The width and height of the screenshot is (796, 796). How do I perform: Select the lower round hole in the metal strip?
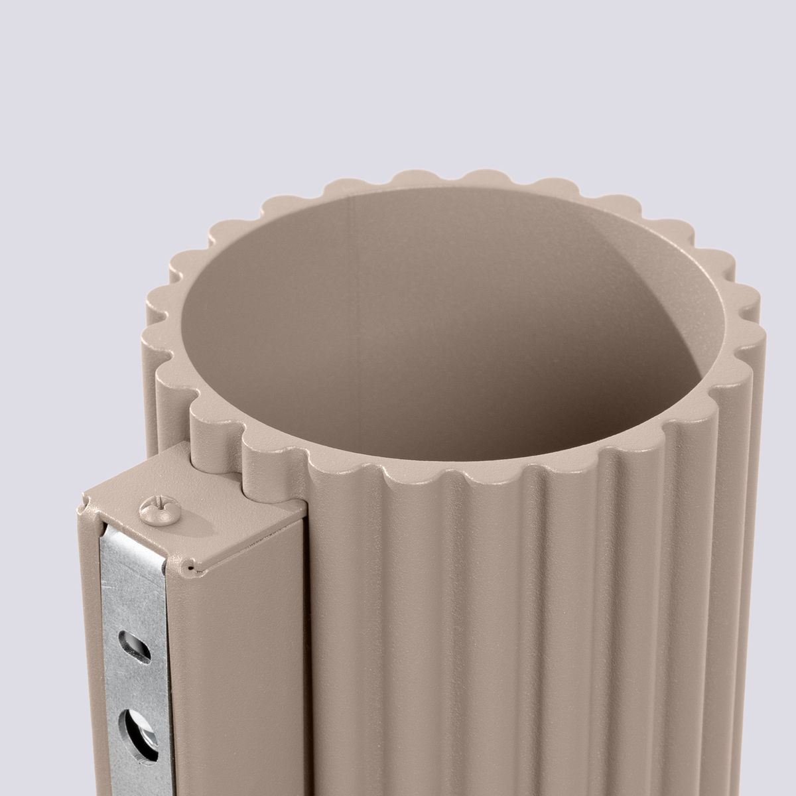[x=137, y=727]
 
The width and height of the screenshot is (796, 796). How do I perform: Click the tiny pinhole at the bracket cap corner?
[x=191, y=568]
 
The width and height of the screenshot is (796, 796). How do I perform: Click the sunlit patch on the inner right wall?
[x=637, y=279]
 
